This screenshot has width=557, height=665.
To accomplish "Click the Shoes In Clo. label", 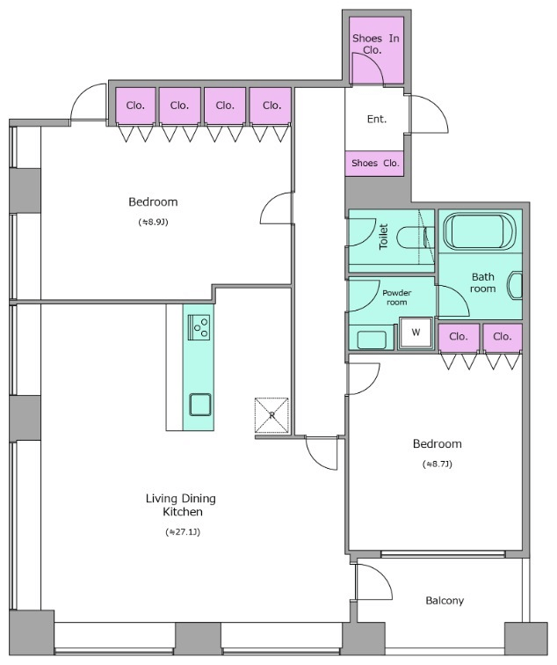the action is point(376,44).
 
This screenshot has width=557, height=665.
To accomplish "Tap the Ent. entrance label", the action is point(377,119).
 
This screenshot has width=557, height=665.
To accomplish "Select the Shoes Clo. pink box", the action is point(374,164).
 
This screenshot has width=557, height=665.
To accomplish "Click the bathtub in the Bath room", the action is point(480,231).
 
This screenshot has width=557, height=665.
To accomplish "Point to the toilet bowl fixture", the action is point(416,238).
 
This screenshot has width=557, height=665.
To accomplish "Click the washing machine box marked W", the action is point(416,332).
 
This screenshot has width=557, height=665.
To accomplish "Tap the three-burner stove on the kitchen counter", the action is point(199,327).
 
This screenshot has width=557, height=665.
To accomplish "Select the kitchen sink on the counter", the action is point(200,405).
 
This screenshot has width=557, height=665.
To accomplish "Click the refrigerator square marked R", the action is point(271,415).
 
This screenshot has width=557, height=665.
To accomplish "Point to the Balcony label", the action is point(445,601).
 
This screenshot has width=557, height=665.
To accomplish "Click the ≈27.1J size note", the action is point(183,532).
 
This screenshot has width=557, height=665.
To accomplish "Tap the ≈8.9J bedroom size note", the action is point(154,222).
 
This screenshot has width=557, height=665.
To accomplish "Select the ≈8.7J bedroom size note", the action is point(438,464).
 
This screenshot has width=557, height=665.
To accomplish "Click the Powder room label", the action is point(396,297).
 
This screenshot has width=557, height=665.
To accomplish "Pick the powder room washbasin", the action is point(372,340).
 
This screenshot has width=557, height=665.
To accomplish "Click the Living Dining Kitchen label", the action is point(181,505).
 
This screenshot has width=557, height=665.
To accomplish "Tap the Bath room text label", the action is point(483,283).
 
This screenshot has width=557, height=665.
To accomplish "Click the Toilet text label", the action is point(383,237).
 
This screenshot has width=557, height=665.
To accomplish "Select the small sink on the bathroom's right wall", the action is point(516,285).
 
